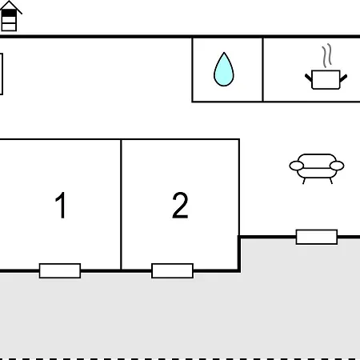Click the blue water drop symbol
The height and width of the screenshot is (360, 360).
pos(224,70)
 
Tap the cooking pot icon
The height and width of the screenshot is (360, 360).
pos(326,79)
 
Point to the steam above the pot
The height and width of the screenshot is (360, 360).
pos(326,55)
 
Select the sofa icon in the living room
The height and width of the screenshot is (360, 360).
pos(317,169)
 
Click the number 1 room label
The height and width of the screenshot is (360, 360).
pos(61,205)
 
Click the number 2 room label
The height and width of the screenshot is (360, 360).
pos(180,205)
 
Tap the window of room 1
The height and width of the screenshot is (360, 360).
pos(60,270)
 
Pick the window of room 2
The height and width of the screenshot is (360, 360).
pos(172,270)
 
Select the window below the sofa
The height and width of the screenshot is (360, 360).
pos(317,237)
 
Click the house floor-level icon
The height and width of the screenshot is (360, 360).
pos(10,16)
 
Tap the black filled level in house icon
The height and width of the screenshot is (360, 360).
pos(9,13)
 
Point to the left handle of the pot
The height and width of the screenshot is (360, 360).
pos(309,78)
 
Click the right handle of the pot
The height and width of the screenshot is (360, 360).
pos(343,78)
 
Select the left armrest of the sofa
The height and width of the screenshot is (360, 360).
pos(296,166)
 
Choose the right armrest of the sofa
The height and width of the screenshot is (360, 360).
pos(337,166)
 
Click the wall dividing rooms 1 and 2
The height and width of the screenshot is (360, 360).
pos(121,205)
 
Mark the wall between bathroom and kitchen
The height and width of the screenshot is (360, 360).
pos(262,70)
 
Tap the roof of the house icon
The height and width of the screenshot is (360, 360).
pos(10,6)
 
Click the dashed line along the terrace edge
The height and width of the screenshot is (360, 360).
pos(180,358)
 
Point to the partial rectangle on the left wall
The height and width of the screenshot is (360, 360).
pos(2,74)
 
